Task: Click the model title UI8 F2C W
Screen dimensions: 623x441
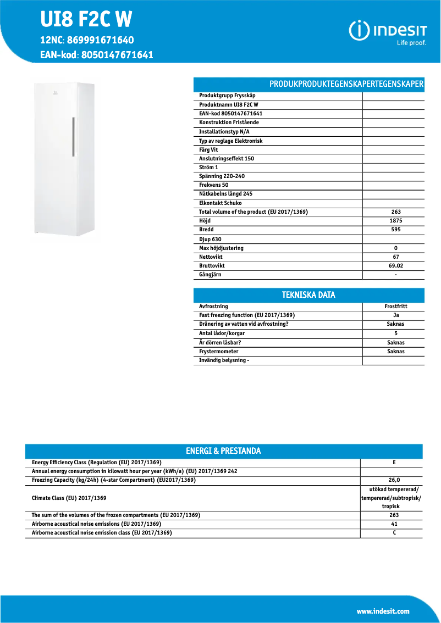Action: [x=86, y=20]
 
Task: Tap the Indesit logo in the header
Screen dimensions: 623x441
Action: [x=388, y=32]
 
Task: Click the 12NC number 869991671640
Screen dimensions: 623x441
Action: [x=100, y=41]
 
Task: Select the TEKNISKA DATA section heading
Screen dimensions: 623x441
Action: [x=308, y=295]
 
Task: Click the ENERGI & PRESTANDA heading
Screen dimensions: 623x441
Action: [x=223, y=451]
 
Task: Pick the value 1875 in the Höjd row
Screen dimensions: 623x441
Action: [x=395, y=221]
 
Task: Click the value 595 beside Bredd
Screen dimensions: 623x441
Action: [x=395, y=230]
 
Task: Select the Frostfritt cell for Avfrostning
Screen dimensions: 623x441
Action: [x=395, y=307]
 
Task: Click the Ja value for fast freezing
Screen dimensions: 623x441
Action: [x=395, y=315]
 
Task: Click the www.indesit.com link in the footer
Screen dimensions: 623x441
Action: [x=383, y=611]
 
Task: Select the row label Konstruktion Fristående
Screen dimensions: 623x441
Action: [x=229, y=123]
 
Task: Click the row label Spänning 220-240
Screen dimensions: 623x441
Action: [x=222, y=176]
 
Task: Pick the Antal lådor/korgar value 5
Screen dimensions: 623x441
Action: [x=395, y=333]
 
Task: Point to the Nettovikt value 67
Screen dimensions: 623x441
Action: [x=395, y=257]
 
